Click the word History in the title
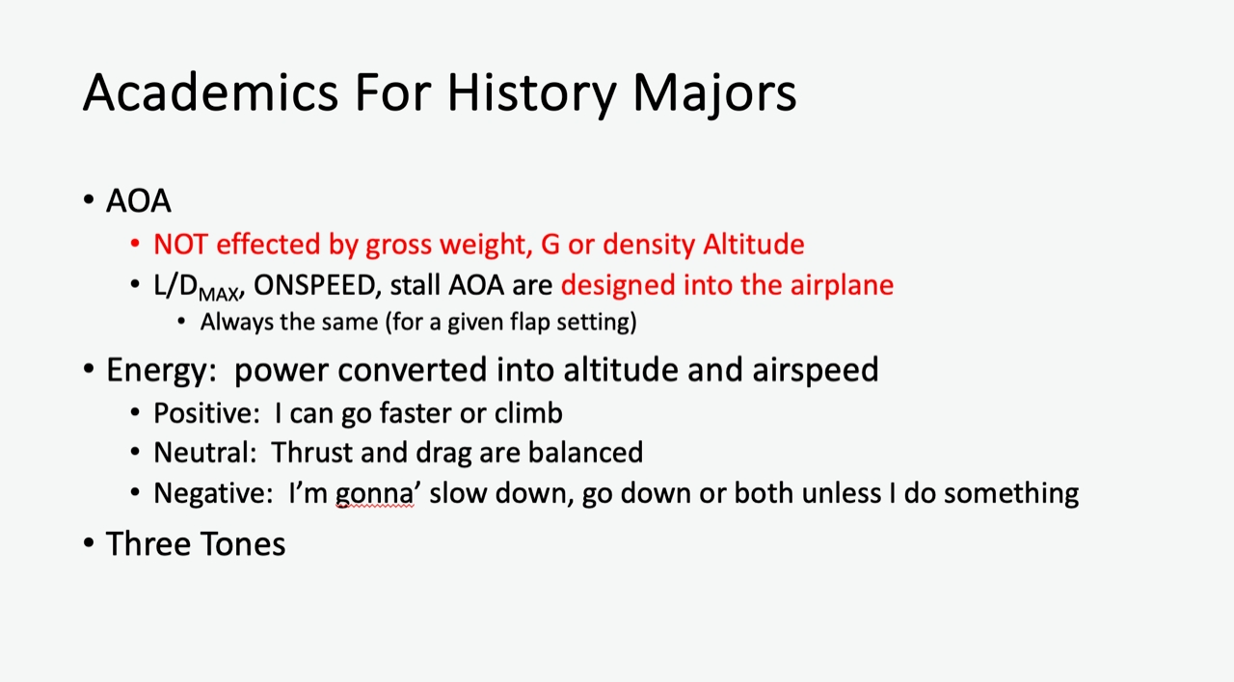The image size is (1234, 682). [531, 93]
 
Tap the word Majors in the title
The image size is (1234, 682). [714, 93]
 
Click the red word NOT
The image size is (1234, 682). [180, 244]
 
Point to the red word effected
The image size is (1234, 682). [268, 244]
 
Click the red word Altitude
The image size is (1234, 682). [754, 244]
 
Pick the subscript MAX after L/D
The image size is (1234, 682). [219, 294]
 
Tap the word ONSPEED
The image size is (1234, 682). [314, 285]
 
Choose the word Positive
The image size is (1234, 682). [202, 413]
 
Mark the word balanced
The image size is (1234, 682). [585, 453]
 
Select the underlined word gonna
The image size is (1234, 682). [374, 494]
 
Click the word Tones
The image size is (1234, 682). [243, 544]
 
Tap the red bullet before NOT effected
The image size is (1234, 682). [135, 244]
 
